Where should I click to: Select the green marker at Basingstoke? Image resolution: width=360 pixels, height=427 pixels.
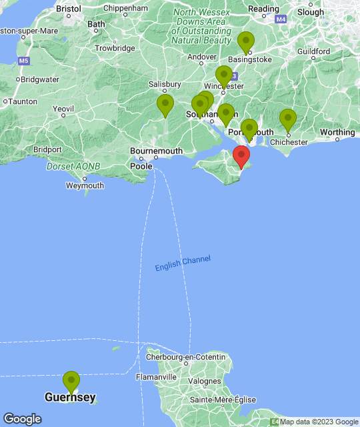[247, 42]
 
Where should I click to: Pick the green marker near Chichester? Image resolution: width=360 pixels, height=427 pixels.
[287, 120]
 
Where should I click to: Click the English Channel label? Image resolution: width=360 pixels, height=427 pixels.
[183, 263]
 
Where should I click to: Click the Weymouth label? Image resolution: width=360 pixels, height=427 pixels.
[85, 185]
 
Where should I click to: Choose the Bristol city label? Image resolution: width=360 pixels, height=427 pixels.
[69, 9]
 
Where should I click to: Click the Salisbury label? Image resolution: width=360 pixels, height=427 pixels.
[165, 85]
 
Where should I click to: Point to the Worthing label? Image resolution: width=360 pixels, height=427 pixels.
[337, 132]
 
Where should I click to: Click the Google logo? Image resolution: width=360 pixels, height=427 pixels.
[21, 419]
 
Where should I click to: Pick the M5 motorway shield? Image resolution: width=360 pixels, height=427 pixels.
[24, 60]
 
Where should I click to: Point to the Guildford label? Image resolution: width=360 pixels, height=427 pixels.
[314, 51]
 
